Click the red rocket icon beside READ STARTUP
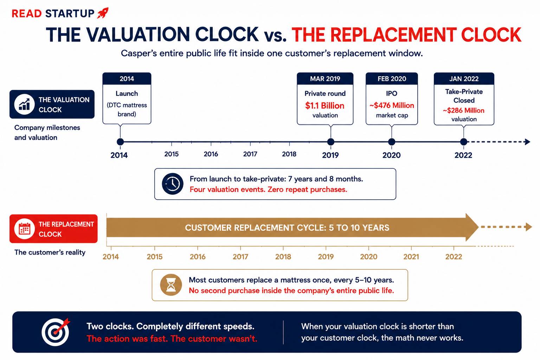[103, 13]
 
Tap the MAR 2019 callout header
[325, 79]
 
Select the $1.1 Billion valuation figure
[325, 105]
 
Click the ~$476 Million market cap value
[392, 105]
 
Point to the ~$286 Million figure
[464, 110]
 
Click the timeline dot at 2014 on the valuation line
[120, 142]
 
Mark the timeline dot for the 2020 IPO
[392, 142]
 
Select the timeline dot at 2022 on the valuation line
[463, 142]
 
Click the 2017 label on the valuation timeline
[250, 154]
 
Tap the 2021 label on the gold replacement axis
[411, 257]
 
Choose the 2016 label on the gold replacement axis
[198, 257]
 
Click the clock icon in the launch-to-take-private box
[172, 184]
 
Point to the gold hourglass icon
[171, 285]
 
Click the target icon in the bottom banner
[56, 332]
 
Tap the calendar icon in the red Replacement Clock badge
[24, 229]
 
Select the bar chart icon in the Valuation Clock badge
[24, 104]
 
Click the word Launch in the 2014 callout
[127, 93]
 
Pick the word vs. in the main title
[275, 36]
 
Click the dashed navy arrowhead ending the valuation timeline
[527, 142]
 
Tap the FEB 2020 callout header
[392, 79]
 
